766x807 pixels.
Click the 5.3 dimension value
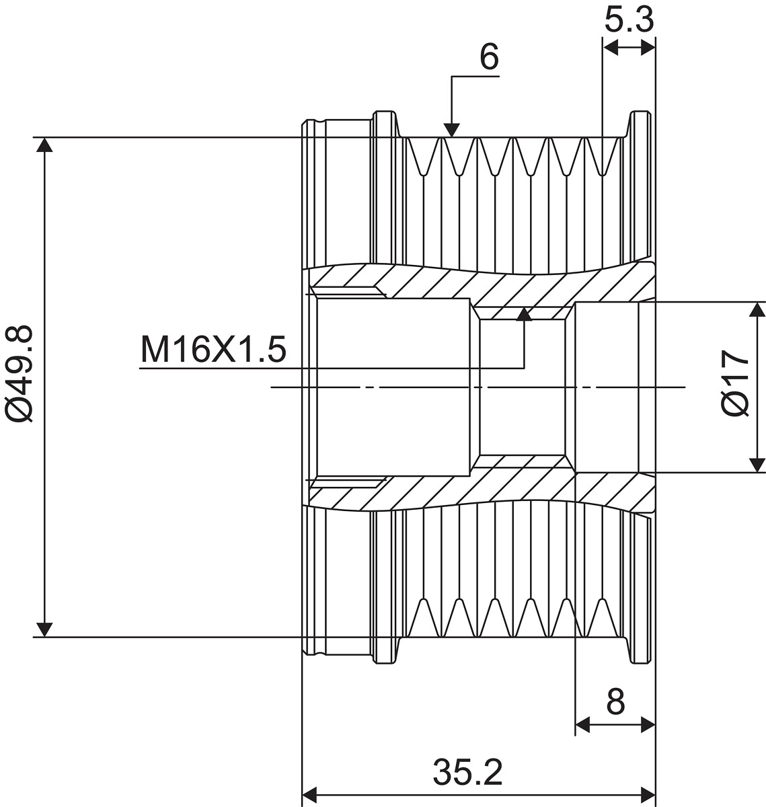tap(629, 20)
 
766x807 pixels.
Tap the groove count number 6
tap(490, 56)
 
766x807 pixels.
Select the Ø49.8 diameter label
tap(18, 373)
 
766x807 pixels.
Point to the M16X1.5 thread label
tap(213, 349)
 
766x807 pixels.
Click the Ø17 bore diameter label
tap(735, 383)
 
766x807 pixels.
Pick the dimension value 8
tap(615, 701)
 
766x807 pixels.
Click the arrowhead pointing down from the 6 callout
tap(451, 130)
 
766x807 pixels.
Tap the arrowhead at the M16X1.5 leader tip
tap(524, 314)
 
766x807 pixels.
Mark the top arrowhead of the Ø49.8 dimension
tap(44, 145)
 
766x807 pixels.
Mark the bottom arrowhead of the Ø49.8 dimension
tap(44, 629)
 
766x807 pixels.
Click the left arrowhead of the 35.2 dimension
tap(309, 795)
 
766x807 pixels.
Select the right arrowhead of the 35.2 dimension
tap(648, 795)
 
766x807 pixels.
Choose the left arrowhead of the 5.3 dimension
tap(610, 48)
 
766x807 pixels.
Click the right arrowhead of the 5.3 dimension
tap(648, 48)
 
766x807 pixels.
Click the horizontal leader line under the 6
tap(475, 77)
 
